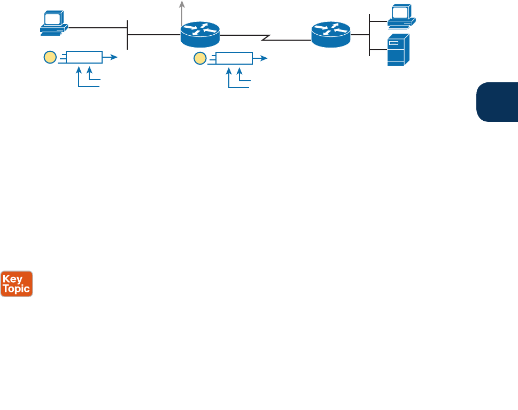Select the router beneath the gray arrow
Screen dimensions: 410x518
point(200,35)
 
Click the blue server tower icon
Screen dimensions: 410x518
point(399,50)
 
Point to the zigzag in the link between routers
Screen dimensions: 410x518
point(266,37)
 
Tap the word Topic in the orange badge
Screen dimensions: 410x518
point(17,289)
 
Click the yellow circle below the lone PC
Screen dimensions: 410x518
point(50,57)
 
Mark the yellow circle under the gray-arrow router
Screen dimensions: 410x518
point(199,58)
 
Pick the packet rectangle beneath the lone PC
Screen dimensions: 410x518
point(83,57)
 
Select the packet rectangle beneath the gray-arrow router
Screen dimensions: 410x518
point(233,58)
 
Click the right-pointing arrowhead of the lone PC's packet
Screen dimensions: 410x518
point(114,57)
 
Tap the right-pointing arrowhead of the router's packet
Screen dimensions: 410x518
point(264,58)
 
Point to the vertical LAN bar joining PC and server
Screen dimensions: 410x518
point(369,35)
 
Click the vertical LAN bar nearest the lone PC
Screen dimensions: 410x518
point(127,34)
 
